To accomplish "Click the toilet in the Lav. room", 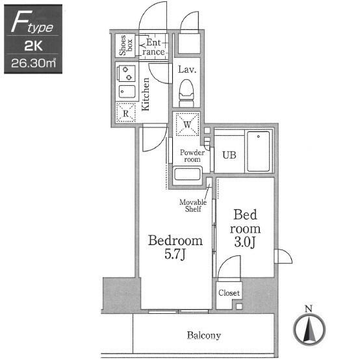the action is point(186,93).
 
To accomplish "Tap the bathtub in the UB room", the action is point(258,151).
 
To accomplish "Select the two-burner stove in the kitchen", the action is point(126,73).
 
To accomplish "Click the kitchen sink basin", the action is point(127,92).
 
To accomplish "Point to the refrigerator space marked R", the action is point(125,112).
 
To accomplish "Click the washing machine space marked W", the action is point(187,124).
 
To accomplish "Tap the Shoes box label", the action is point(125,45).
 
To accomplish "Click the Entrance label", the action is point(153,47).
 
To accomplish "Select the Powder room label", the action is point(192,156).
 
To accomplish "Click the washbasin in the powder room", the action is point(187,174).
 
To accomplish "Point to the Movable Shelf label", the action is point(193,205).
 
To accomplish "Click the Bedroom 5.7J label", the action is point(175,247).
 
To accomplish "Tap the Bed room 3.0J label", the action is point(245,228).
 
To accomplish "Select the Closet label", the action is point(229,292).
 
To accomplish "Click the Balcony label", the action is point(203,335).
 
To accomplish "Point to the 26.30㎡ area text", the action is point(34,63).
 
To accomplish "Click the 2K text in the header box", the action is point(33,45).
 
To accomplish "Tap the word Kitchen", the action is point(146,94).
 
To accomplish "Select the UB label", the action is point(229,155).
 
